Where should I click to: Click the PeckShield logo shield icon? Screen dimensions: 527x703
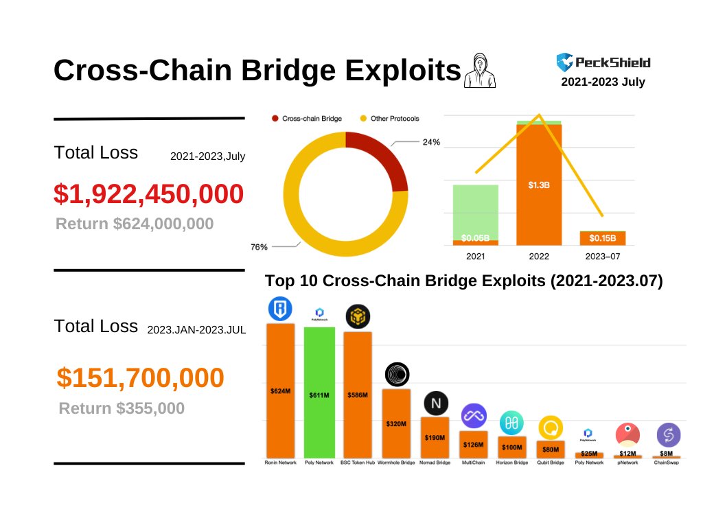[564, 62]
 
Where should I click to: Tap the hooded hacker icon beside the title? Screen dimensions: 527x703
[479, 71]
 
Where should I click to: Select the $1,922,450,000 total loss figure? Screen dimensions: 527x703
[148, 194]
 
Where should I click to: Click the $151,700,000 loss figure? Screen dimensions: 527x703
[140, 378]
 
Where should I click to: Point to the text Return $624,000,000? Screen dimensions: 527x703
[135, 224]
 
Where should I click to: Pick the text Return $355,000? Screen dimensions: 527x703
[122, 408]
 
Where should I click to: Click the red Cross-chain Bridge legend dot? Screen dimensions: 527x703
[275, 119]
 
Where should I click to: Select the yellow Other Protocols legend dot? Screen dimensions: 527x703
[363, 119]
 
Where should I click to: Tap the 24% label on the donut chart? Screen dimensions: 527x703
[432, 143]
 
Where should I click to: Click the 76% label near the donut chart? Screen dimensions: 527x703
[259, 247]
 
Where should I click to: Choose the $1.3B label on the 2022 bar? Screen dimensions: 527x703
[538, 185]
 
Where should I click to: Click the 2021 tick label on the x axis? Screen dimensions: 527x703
[475, 256]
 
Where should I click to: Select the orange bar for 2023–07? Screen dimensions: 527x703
[602, 238]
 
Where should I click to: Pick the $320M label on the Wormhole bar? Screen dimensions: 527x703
[395, 423]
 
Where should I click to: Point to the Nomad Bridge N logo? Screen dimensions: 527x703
[435, 402]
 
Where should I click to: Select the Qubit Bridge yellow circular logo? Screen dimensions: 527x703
[551, 428]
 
